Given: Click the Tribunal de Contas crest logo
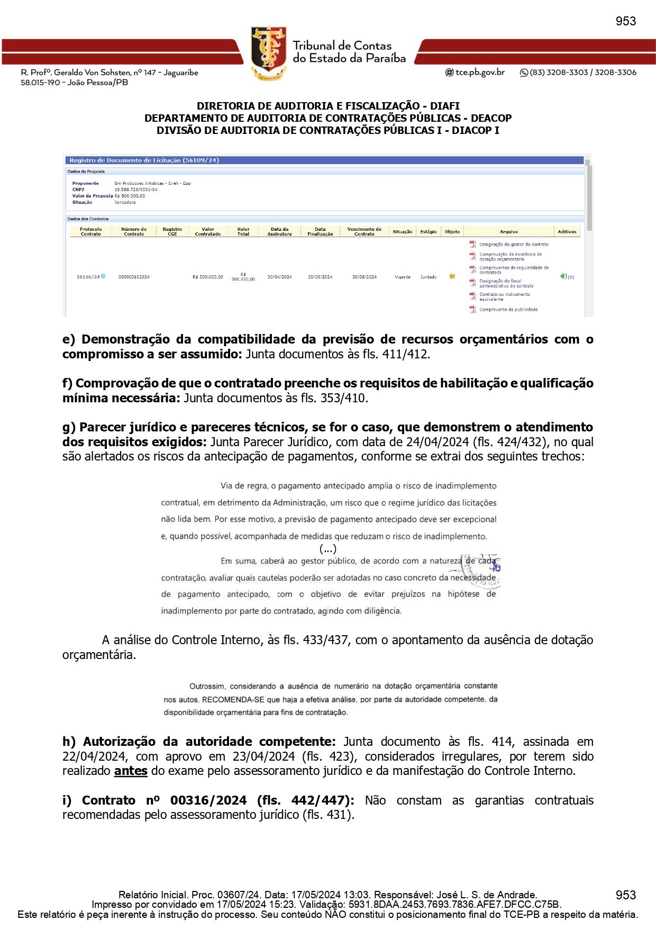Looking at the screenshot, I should tap(269, 52).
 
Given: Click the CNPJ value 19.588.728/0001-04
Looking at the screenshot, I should tap(136, 190).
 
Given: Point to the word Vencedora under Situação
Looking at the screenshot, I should tap(125, 202).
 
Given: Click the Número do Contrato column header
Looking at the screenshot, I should tap(134, 231).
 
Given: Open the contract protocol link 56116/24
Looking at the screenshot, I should tap(88, 277).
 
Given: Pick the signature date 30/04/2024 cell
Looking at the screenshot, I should tap(279, 277).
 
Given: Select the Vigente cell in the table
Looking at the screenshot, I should tap(402, 277).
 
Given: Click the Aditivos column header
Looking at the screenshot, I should tap(567, 231).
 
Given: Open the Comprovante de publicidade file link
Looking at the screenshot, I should tap(508, 310).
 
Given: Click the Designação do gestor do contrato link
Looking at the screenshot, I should tap(514, 245).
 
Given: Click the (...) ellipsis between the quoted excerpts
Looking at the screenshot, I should tap(328, 549).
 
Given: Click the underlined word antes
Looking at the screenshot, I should tap(131, 771).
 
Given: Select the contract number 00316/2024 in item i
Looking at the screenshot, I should tap(208, 800).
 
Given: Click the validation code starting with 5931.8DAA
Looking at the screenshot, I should tap(455, 905).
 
